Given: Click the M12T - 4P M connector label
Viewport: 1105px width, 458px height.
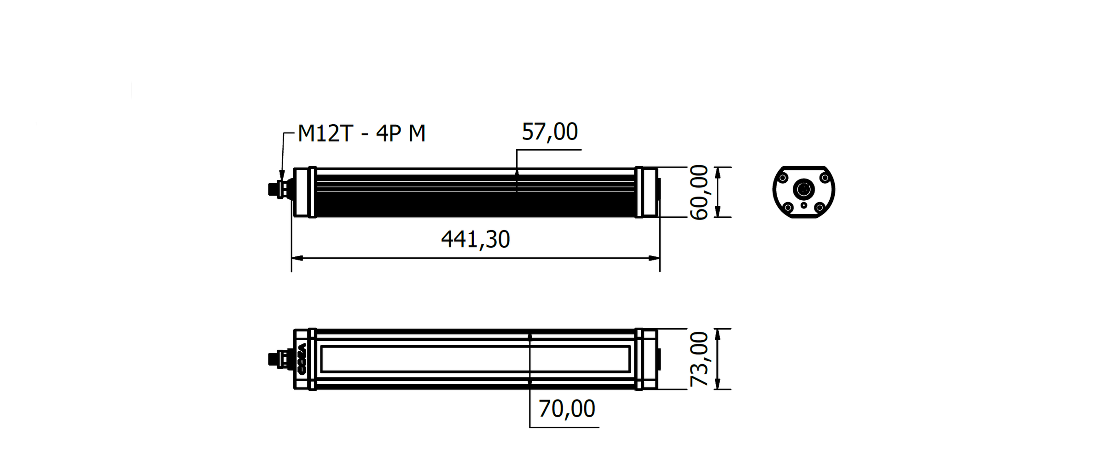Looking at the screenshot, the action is [x=361, y=133].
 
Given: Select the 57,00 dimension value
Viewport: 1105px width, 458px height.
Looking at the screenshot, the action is [x=550, y=132].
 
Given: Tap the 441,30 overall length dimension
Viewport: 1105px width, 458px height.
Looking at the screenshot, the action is [x=476, y=239].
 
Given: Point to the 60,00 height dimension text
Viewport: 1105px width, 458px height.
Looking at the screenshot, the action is [x=699, y=192].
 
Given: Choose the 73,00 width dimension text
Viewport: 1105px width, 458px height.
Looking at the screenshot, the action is [x=699, y=359].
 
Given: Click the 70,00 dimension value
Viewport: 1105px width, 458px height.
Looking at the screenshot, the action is [x=567, y=409].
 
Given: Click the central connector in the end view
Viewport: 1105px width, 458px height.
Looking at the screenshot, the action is [x=804, y=189].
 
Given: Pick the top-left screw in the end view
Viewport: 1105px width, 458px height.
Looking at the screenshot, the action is [x=783, y=178].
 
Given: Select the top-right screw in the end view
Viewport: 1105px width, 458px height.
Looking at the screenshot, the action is [x=825, y=178].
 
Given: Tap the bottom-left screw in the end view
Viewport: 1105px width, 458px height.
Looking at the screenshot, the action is [x=788, y=208].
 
